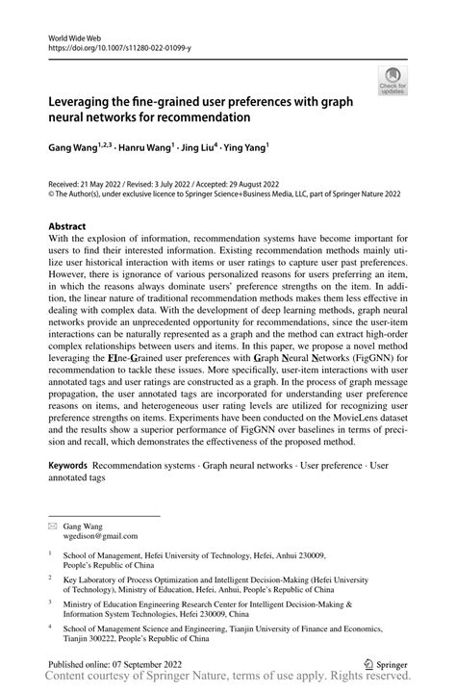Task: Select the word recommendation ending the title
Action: click(x=201, y=117)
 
